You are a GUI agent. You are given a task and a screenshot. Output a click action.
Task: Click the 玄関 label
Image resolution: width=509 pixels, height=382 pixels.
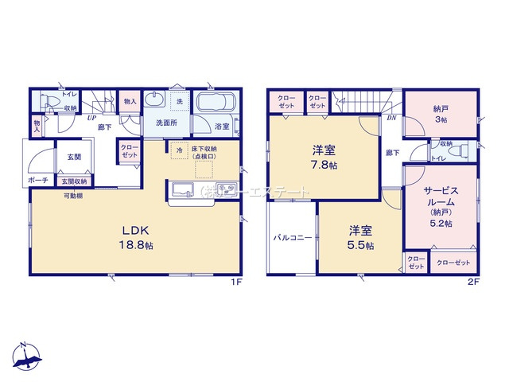[x=73, y=156]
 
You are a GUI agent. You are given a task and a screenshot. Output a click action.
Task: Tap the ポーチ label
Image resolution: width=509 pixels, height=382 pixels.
[x=38, y=181]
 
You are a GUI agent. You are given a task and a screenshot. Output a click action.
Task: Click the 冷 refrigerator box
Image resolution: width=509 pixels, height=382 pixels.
[x=180, y=150]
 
